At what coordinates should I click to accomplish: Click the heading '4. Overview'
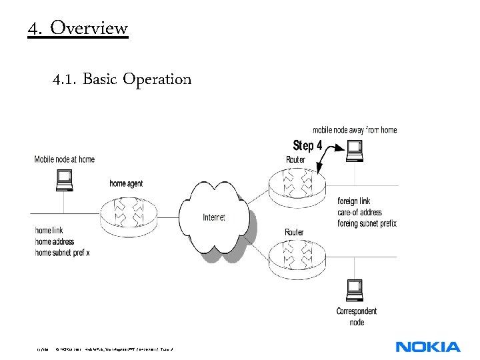click(x=77, y=29)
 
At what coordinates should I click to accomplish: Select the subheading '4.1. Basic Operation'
click(x=122, y=79)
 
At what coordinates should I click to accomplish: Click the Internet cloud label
click(x=214, y=217)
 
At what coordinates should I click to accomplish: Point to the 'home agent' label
click(x=126, y=183)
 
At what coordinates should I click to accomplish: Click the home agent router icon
click(x=128, y=213)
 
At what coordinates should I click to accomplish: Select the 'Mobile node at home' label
click(x=65, y=159)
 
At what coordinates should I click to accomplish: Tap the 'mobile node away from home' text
click(x=355, y=130)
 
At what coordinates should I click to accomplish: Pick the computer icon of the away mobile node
click(x=355, y=150)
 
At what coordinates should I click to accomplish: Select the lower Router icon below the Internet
click(x=299, y=256)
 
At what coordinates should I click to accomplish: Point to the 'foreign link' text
click(x=354, y=201)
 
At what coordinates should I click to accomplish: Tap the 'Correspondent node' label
click(x=357, y=317)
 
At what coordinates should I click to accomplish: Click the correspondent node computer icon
click(x=355, y=290)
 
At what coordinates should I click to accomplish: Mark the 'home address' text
click(x=55, y=241)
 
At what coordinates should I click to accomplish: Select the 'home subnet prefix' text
click(x=62, y=253)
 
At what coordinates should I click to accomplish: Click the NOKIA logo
click(x=427, y=347)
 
